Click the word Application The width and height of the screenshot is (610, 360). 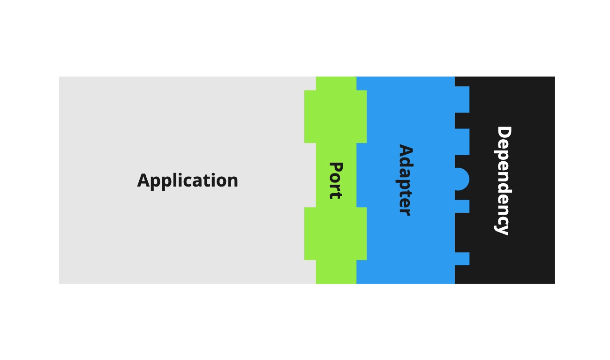[188, 180]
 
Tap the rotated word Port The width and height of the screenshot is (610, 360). [336, 180]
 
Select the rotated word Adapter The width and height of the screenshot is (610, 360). [406, 180]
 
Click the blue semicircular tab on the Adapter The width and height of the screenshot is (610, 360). [462, 179]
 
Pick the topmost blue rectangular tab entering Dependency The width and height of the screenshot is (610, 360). [462, 99]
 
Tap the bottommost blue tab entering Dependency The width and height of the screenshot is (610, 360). [462, 258]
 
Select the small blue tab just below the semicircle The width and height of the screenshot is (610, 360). [462, 206]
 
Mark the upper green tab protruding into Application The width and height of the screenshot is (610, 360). [310, 117]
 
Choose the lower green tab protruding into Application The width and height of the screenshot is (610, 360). [310, 233]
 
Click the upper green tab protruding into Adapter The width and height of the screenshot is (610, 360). [361, 117]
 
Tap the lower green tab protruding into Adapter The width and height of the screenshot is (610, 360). [361, 233]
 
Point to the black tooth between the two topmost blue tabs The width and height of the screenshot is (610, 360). [462, 120]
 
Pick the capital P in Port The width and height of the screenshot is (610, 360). [336, 167]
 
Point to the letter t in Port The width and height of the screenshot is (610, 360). [336, 195]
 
